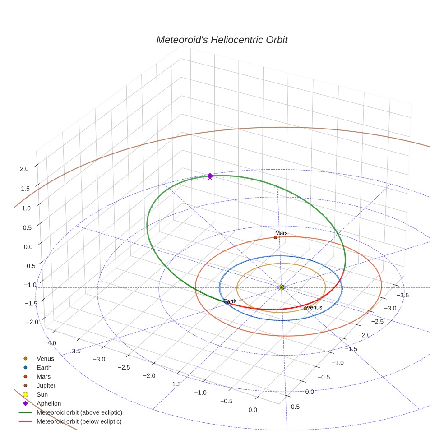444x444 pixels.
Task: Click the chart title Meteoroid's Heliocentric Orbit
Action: [x=222, y=40]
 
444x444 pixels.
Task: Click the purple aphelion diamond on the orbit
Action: [x=210, y=176]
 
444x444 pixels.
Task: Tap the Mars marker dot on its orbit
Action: [x=275, y=237]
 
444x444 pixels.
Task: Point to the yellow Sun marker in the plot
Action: [x=281, y=287]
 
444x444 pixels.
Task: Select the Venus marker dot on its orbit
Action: [x=305, y=308]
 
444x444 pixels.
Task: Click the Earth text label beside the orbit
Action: [x=230, y=301]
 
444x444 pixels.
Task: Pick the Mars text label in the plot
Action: [x=282, y=233]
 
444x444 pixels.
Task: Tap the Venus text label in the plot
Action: [x=314, y=307]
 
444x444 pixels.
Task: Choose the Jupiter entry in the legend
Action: [x=46, y=385]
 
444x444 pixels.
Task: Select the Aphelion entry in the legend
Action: [x=49, y=403]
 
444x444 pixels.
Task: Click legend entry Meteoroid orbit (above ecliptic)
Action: [x=79, y=412]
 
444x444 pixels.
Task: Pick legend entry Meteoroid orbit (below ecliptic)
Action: [x=79, y=421]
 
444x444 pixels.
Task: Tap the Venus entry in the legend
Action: [x=45, y=358]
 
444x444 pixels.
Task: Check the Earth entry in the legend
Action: [x=44, y=367]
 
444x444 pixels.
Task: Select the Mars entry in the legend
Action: [x=44, y=376]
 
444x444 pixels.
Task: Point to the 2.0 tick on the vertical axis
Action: [x=24, y=169]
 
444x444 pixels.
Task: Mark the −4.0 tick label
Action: [x=50, y=343]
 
